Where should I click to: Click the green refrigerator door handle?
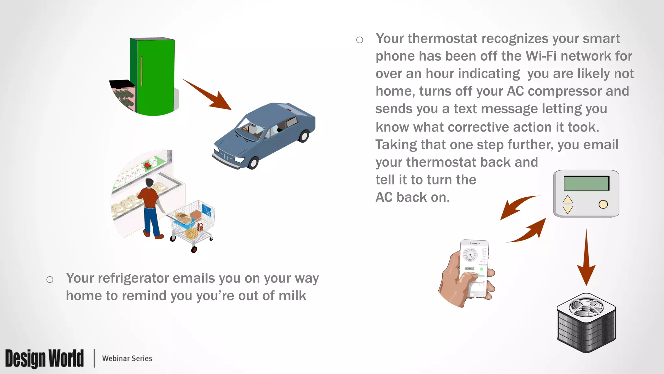[141, 71]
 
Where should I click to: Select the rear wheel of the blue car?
[304, 136]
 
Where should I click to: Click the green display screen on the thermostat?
[586, 183]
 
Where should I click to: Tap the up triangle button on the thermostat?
[568, 199]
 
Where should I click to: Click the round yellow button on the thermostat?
[603, 205]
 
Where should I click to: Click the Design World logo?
[44, 358]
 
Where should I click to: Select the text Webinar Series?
[127, 358]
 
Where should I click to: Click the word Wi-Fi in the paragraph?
[541, 56]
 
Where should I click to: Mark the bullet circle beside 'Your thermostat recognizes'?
[360, 40]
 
